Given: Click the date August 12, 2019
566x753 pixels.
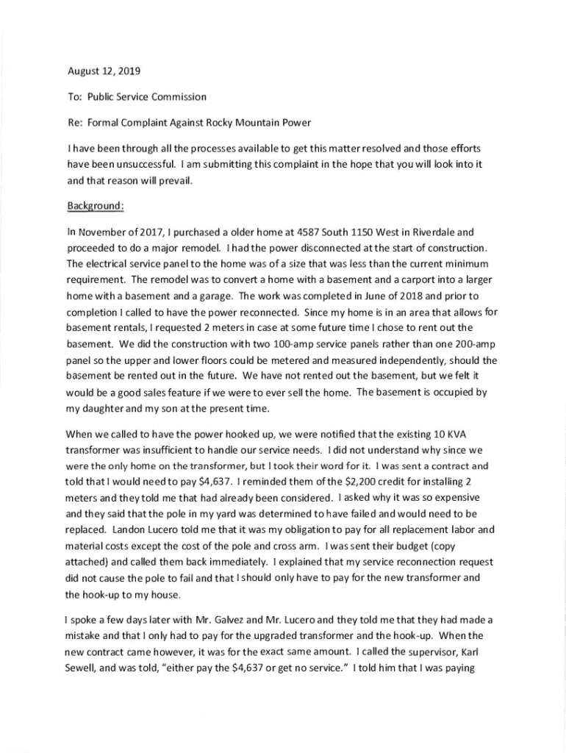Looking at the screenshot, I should pyautogui.click(x=103, y=71).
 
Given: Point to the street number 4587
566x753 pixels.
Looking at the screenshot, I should pyautogui.click(x=296, y=232).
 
